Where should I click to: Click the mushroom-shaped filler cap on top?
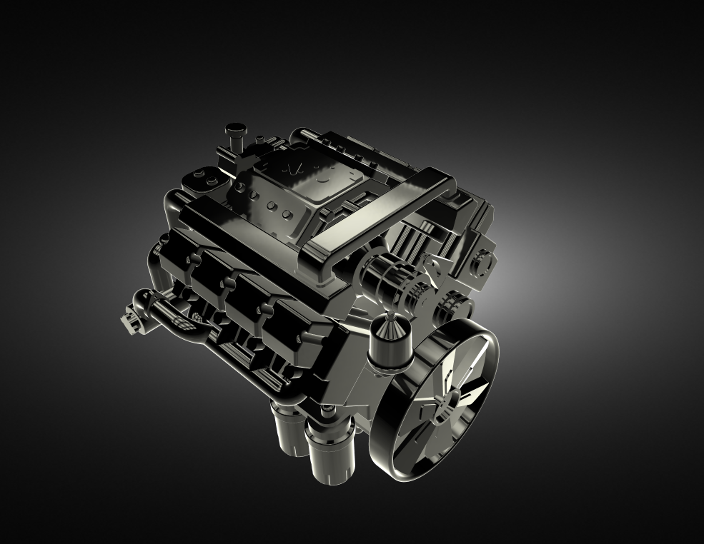tap(234, 132)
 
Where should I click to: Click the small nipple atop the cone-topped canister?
tap(390, 314)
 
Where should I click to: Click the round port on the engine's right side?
tap(481, 260)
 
